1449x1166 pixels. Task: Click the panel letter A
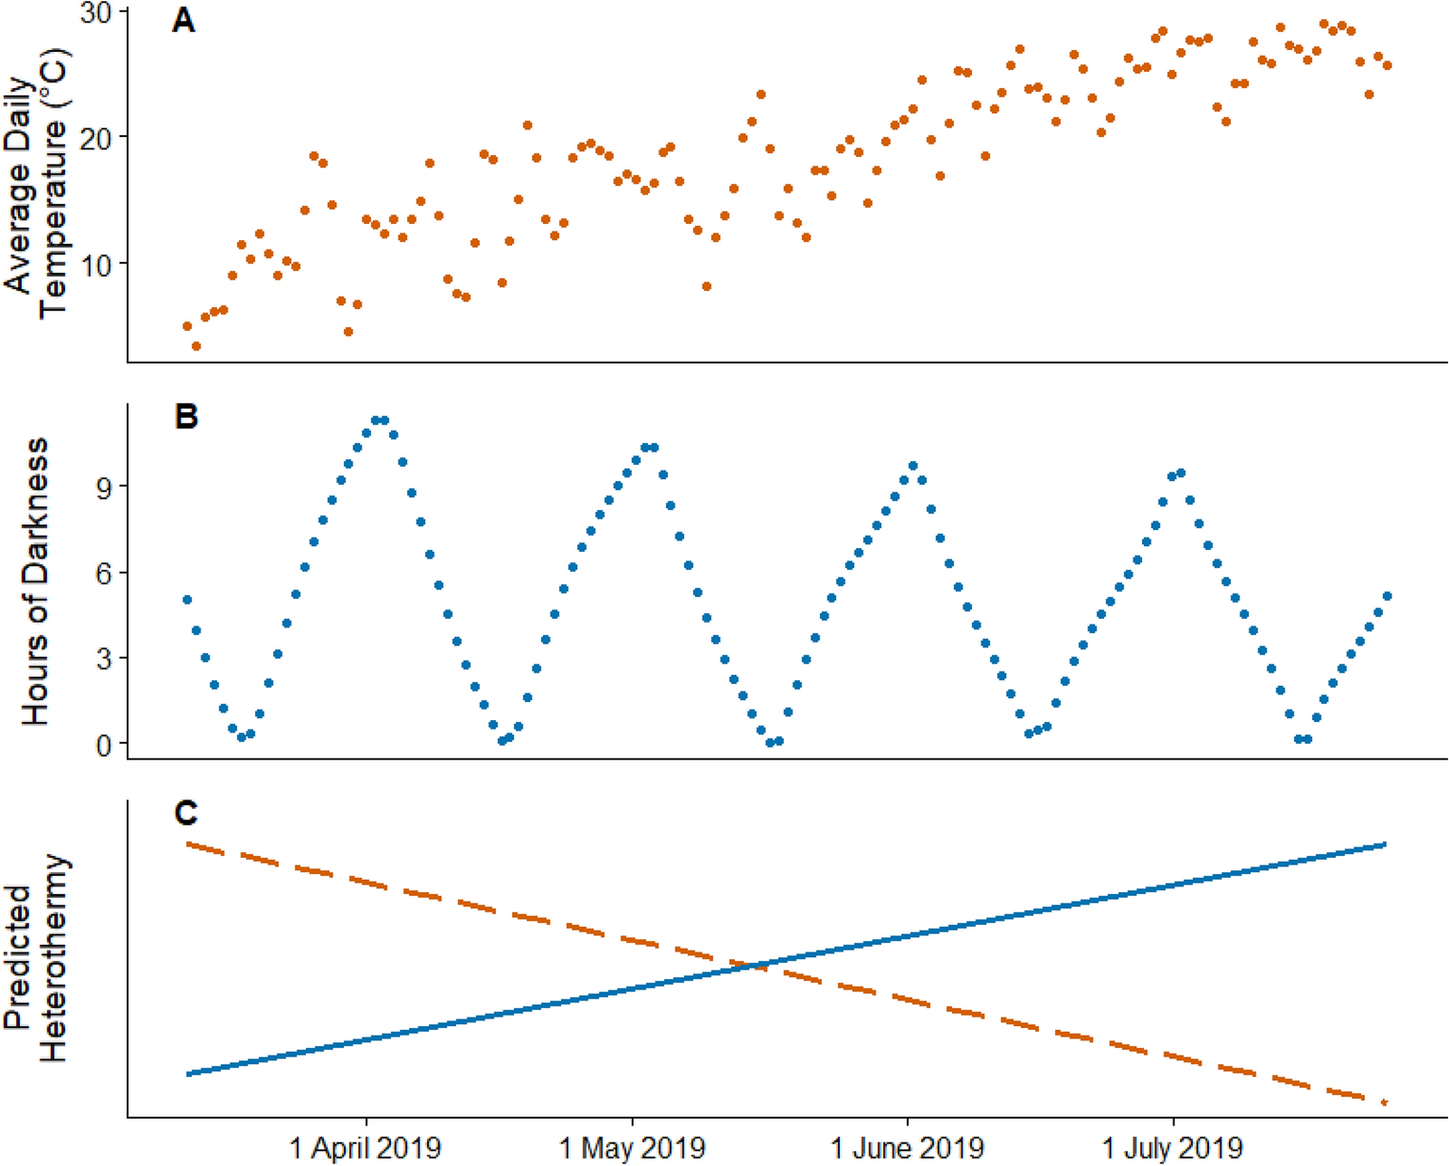(x=183, y=21)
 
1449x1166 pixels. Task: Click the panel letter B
(x=186, y=417)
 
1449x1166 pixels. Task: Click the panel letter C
(x=186, y=813)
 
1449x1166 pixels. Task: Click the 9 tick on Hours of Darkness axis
(x=100, y=487)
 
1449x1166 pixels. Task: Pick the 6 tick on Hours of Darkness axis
(x=100, y=573)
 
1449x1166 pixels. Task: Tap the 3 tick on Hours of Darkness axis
(x=100, y=658)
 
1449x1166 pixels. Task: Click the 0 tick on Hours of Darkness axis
(x=100, y=745)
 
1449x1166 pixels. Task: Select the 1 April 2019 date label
(x=366, y=1148)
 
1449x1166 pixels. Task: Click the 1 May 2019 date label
(x=632, y=1148)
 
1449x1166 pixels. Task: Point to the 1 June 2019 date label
(x=907, y=1148)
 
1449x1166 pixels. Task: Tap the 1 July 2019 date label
(x=1172, y=1148)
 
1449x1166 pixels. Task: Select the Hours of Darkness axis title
(x=36, y=581)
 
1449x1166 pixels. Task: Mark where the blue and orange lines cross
(x=756, y=965)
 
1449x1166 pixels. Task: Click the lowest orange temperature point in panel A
(x=196, y=347)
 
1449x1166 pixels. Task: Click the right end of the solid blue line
(x=1385, y=844)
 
